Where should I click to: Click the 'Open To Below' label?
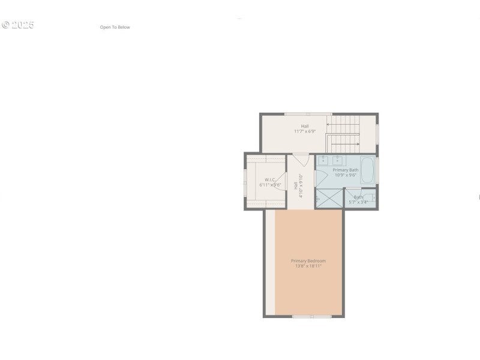(x=115, y=27)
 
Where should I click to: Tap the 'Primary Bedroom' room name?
(x=308, y=261)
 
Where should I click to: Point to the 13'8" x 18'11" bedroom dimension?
(x=308, y=266)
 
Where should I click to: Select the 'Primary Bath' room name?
(x=346, y=170)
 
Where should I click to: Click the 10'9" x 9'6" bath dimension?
(x=346, y=175)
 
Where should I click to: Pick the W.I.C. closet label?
(x=270, y=179)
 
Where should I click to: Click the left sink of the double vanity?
(x=323, y=160)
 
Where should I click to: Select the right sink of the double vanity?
(x=337, y=160)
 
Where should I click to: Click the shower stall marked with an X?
(x=329, y=199)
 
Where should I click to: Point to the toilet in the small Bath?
(x=372, y=197)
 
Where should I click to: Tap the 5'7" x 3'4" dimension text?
(x=358, y=202)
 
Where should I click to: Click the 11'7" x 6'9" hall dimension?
(x=305, y=131)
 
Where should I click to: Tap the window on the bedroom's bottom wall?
(x=311, y=316)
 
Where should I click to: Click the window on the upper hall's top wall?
(x=307, y=113)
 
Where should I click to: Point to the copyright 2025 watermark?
(x=18, y=25)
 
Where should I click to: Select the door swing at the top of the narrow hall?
(x=301, y=160)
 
